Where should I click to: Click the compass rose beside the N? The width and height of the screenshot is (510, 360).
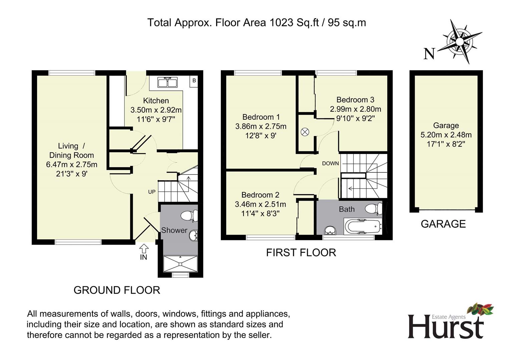pyautogui.click(x=460, y=42)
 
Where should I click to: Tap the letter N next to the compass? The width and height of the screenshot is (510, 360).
pyautogui.click(x=429, y=54)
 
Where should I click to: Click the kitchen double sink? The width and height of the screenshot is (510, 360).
pyautogui.click(x=167, y=82)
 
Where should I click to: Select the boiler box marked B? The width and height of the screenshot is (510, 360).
pyautogui.click(x=194, y=81)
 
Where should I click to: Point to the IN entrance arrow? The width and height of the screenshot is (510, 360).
pyautogui.click(x=144, y=248)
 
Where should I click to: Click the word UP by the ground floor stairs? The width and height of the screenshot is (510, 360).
pyautogui.click(x=152, y=192)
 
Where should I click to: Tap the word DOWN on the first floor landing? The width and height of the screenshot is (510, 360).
pyautogui.click(x=330, y=163)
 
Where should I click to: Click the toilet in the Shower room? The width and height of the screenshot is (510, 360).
pyautogui.click(x=189, y=215)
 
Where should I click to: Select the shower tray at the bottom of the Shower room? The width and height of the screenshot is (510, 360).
pyautogui.click(x=180, y=264)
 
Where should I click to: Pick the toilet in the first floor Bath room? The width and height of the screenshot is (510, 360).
pyautogui.click(x=374, y=208)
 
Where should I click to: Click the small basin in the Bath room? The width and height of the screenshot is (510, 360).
pyautogui.click(x=330, y=230)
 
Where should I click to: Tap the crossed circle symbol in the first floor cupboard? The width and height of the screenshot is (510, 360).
pyautogui.click(x=305, y=132)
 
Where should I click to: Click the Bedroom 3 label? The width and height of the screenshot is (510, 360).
pyautogui.click(x=355, y=100)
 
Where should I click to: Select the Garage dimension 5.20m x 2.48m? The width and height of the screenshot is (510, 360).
pyautogui.click(x=446, y=135)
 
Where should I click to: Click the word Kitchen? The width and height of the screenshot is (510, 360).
pyautogui.click(x=156, y=101)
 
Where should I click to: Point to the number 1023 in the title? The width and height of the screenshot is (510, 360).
pyautogui.click(x=282, y=23)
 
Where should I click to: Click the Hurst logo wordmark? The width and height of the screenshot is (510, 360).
pyautogui.click(x=446, y=327)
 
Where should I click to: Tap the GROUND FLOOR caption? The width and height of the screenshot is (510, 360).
pyautogui.click(x=117, y=290)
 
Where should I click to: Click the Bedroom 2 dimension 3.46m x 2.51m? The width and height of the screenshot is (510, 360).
pyautogui.click(x=260, y=204)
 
